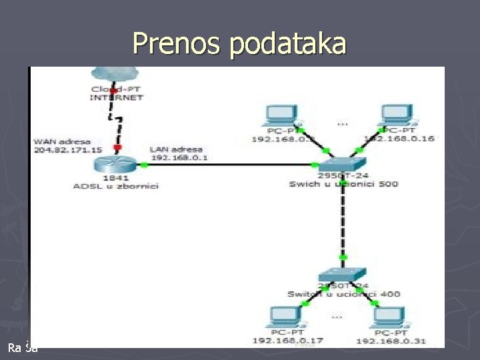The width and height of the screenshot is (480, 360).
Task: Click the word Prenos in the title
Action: point(178,44)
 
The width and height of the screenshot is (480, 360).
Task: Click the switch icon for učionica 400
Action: point(342,274)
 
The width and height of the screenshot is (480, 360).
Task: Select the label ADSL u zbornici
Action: point(115,186)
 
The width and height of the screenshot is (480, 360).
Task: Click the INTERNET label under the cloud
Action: point(116,97)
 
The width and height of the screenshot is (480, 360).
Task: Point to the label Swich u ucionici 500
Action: point(343,184)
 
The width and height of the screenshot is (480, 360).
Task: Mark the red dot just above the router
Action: point(117,147)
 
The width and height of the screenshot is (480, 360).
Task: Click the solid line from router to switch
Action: point(233,164)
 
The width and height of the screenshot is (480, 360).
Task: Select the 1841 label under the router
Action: point(116,177)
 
